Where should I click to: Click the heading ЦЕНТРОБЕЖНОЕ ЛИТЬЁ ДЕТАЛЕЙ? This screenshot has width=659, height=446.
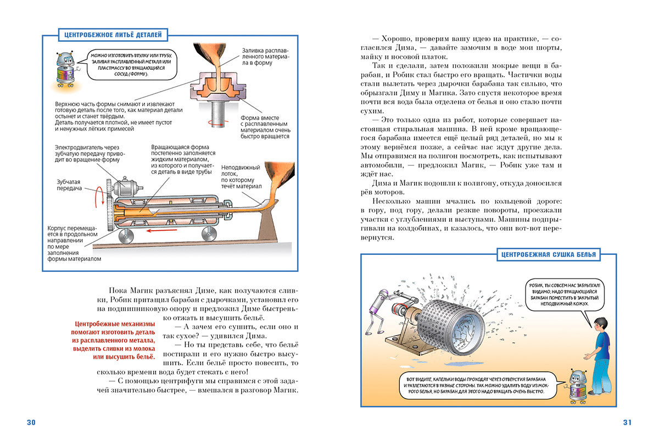pyautogui.click(x=112, y=35)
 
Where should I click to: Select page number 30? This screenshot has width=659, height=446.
pyautogui.click(x=31, y=422)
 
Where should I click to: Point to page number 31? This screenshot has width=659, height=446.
pyautogui.click(x=627, y=422)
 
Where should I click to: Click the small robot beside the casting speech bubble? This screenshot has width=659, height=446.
pyautogui.click(x=65, y=70)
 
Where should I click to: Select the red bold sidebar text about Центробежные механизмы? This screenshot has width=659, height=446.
pyautogui.click(x=113, y=341)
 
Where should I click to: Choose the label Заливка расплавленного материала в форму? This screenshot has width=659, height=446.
pyautogui.click(x=265, y=56)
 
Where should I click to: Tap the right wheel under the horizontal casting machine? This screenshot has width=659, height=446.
pyautogui.click(x=208, y=235)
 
